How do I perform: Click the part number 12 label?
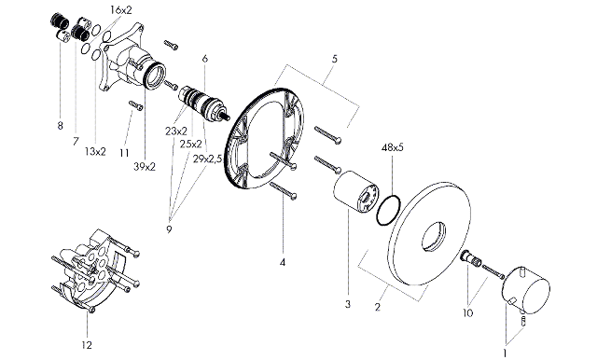coord(87,345)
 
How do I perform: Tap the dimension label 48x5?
coord(392,147)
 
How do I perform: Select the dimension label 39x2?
coord(145,166)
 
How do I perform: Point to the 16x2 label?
coord(121,10)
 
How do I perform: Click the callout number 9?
coord(169,229)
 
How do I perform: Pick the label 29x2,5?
coord(207,159)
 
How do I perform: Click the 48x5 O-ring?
coord(388,210)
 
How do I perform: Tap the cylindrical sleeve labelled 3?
coord(356,192)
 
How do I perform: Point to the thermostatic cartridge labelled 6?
coord(202,103)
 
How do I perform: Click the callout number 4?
coord(282,262)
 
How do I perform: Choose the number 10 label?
coord(467,312)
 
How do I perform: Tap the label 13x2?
coord(95,152)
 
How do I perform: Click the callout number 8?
coord(60,125)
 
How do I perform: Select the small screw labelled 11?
coord(135,105)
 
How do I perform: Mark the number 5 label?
coord(334,59)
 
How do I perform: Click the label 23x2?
coord(176,132)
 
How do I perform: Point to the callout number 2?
coord(377,307)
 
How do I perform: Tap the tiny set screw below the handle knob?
coord(523,319)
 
